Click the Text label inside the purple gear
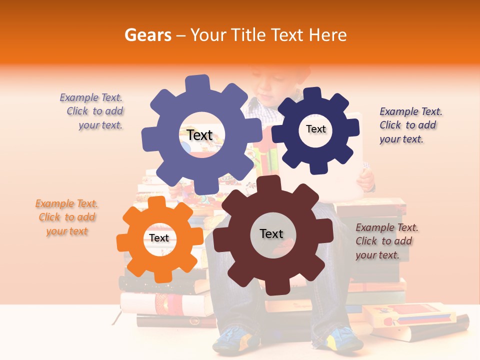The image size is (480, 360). coord(199,135)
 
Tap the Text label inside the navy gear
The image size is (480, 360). coord(315,129)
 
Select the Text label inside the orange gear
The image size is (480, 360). coord(159,238)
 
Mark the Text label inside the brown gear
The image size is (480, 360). coord(271,233)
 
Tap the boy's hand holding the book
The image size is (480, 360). coord(367,180)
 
